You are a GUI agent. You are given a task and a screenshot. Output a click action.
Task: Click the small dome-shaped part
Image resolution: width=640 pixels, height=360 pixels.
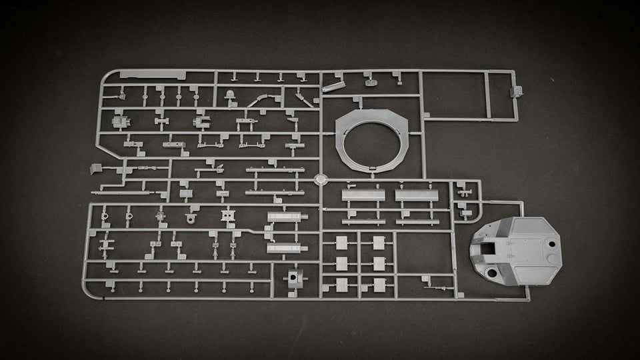(x=231, y=95)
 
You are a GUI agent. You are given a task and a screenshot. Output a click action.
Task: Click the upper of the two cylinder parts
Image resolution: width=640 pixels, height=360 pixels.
(x=287, y=217)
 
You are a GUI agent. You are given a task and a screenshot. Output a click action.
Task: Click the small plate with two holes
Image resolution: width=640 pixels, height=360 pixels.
(x=228, y=215)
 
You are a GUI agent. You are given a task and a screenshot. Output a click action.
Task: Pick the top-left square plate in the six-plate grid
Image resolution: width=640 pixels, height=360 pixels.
(x=342, y=242)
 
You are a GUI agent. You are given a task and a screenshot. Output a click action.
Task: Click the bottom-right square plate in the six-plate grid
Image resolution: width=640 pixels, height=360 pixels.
(x=380, y=283)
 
